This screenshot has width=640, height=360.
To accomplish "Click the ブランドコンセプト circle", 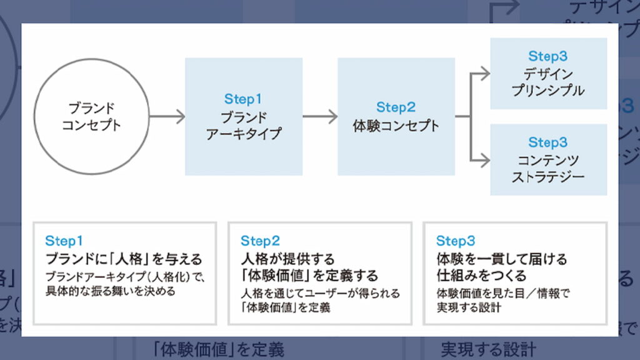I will [91, 117].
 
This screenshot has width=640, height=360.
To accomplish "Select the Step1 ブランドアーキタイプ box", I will [244, 117].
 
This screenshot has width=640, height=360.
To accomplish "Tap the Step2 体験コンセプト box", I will [396, 117].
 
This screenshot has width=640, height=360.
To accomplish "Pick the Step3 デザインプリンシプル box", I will [548, 74].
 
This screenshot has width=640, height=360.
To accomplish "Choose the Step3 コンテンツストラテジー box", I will [548, 159].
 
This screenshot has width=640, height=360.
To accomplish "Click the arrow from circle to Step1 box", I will [167, 117].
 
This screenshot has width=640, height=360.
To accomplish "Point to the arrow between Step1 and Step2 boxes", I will [320, 117].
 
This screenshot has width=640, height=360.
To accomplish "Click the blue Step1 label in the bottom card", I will [64, 241].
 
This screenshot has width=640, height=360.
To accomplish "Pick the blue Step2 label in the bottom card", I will [260, 241].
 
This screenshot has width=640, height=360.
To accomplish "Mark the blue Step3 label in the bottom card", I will [456, 241].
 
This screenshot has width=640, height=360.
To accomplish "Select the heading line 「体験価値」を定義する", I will [309, 275].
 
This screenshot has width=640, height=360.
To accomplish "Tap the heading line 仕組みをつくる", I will [481, 275].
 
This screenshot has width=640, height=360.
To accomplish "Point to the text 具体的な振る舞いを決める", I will [110, 291].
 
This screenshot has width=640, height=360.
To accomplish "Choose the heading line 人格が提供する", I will [288, 259].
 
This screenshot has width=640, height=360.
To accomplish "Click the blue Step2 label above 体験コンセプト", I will [396, 107].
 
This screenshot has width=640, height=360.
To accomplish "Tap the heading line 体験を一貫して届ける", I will [502, 259].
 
